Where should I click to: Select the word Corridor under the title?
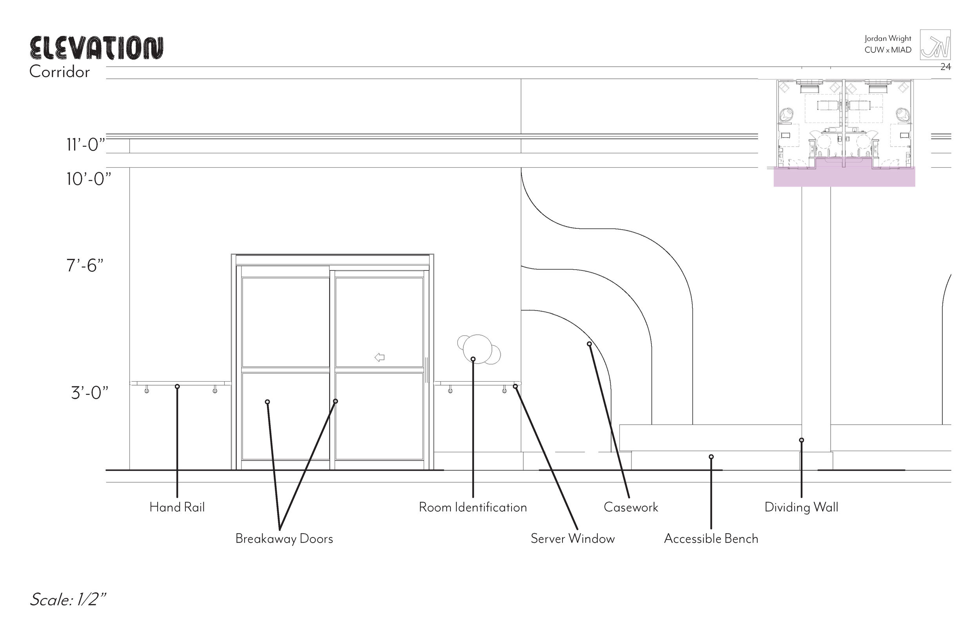tap(60, 72)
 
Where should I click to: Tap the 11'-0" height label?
tap(85, 145)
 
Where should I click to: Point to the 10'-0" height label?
tap(89, 179)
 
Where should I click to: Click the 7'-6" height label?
tap(85, 266)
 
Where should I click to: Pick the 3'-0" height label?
tap(89, 393)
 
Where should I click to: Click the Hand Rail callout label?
tap(177, 507)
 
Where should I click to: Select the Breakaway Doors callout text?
tap(284, 538)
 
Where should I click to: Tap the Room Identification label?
tap(473, 507)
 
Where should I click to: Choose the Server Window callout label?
tap(572, 538)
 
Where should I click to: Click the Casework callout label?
tap(631, 507)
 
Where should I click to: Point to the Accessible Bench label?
tap(711, 538)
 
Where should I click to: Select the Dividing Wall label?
tap(801, 507)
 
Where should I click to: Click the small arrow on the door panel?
tap(379, 357)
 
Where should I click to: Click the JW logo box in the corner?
tap(935, 45)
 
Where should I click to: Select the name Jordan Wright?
tap(888, 38)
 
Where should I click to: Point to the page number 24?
tap(946, 67)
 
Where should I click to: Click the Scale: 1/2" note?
tap(68, 600)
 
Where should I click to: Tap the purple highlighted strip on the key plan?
tap(844, 177)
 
